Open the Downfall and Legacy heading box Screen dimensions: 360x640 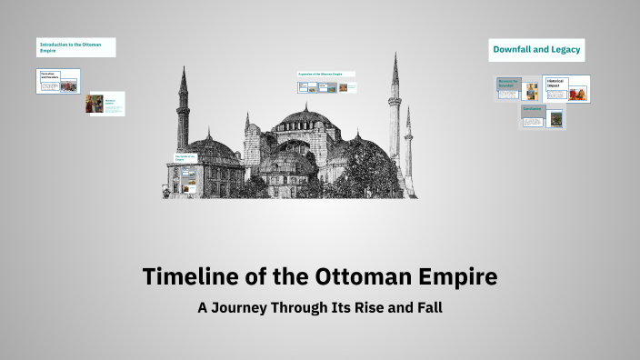(536, 49)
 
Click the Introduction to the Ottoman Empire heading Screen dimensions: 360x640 (76, 47)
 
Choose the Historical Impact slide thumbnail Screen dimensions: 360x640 (566, 88)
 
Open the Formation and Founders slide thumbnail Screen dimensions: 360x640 (58, 81)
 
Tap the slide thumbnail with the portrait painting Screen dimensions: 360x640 (105, 104)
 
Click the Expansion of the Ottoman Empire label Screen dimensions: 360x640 (325, 74)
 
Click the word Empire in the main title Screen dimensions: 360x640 (450, 276)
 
